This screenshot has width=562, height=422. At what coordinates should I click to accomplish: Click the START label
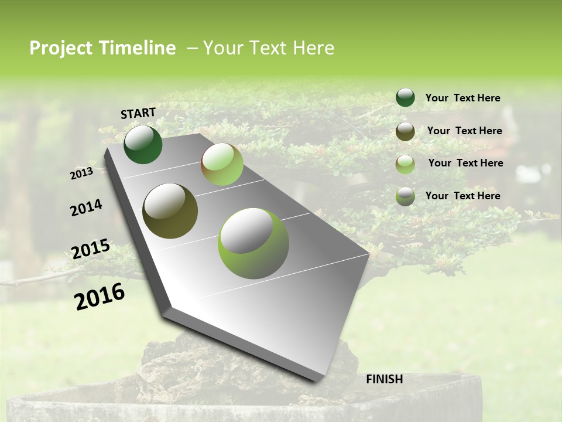[138, 113]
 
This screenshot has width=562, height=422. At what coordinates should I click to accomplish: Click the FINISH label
[384, 379]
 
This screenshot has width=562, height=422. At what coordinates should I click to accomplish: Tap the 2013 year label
[81, 173]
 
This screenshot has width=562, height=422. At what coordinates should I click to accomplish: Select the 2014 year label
[86, 207]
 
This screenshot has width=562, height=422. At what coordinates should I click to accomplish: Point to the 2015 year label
[90, 249]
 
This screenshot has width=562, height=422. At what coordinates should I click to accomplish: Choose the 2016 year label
[100, 296]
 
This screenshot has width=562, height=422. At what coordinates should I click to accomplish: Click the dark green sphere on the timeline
[143, 145]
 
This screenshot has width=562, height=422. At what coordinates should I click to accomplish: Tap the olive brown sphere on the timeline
[170, 210]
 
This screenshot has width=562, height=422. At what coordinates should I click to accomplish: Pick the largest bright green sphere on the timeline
[253, 243]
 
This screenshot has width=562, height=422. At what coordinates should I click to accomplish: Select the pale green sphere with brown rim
[222, 164]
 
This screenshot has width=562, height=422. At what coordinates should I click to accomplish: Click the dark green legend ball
[405, 98]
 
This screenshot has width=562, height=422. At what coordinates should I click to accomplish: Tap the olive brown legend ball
[405, 131]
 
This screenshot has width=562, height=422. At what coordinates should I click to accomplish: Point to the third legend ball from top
[405, 164]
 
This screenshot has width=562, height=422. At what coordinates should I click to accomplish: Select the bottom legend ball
[405, 196]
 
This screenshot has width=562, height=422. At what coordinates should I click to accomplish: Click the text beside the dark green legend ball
[462, 98]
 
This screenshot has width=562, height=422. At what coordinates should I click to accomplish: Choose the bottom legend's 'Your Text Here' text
[462, 196]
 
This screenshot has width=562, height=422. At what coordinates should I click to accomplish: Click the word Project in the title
[61, 48]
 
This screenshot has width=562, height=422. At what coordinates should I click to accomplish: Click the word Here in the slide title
[313, 48]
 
